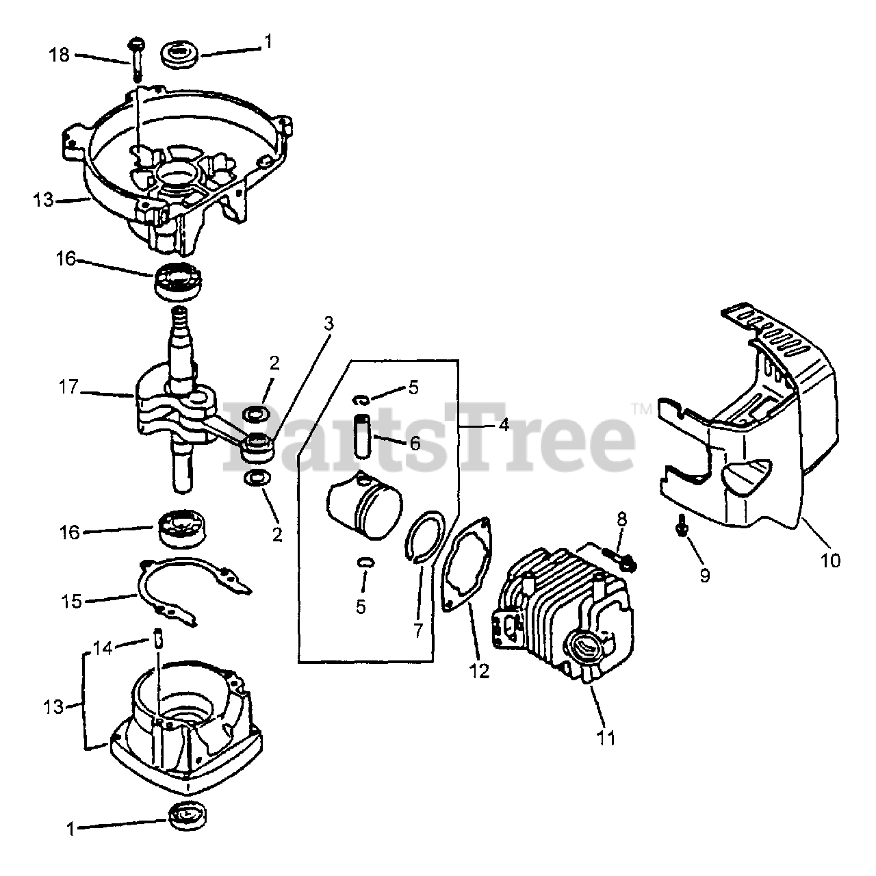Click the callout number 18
(59, 55)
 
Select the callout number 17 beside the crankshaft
(68, 387)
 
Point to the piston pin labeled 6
(363, 436)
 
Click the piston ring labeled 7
(424, 537)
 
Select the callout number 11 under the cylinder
(606, 751)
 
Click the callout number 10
(831, 561)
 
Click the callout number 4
(504, 425)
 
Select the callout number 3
(328, 324)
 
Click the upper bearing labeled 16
(179, 282)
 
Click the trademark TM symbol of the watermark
(642, 409)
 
